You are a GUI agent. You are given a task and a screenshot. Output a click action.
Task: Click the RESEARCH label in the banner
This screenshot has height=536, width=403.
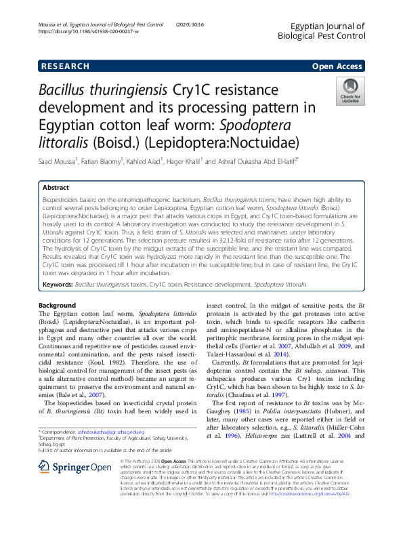pos(65,66)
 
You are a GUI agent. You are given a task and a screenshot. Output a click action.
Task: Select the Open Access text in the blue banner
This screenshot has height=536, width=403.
pos(337,66)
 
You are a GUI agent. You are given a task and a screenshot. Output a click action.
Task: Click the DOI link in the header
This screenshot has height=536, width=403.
pos(89,32)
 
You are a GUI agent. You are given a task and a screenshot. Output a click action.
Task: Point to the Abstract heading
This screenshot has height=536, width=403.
pos(56,187)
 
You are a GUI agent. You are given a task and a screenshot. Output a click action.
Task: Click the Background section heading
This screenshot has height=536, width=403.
pos(58,306)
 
